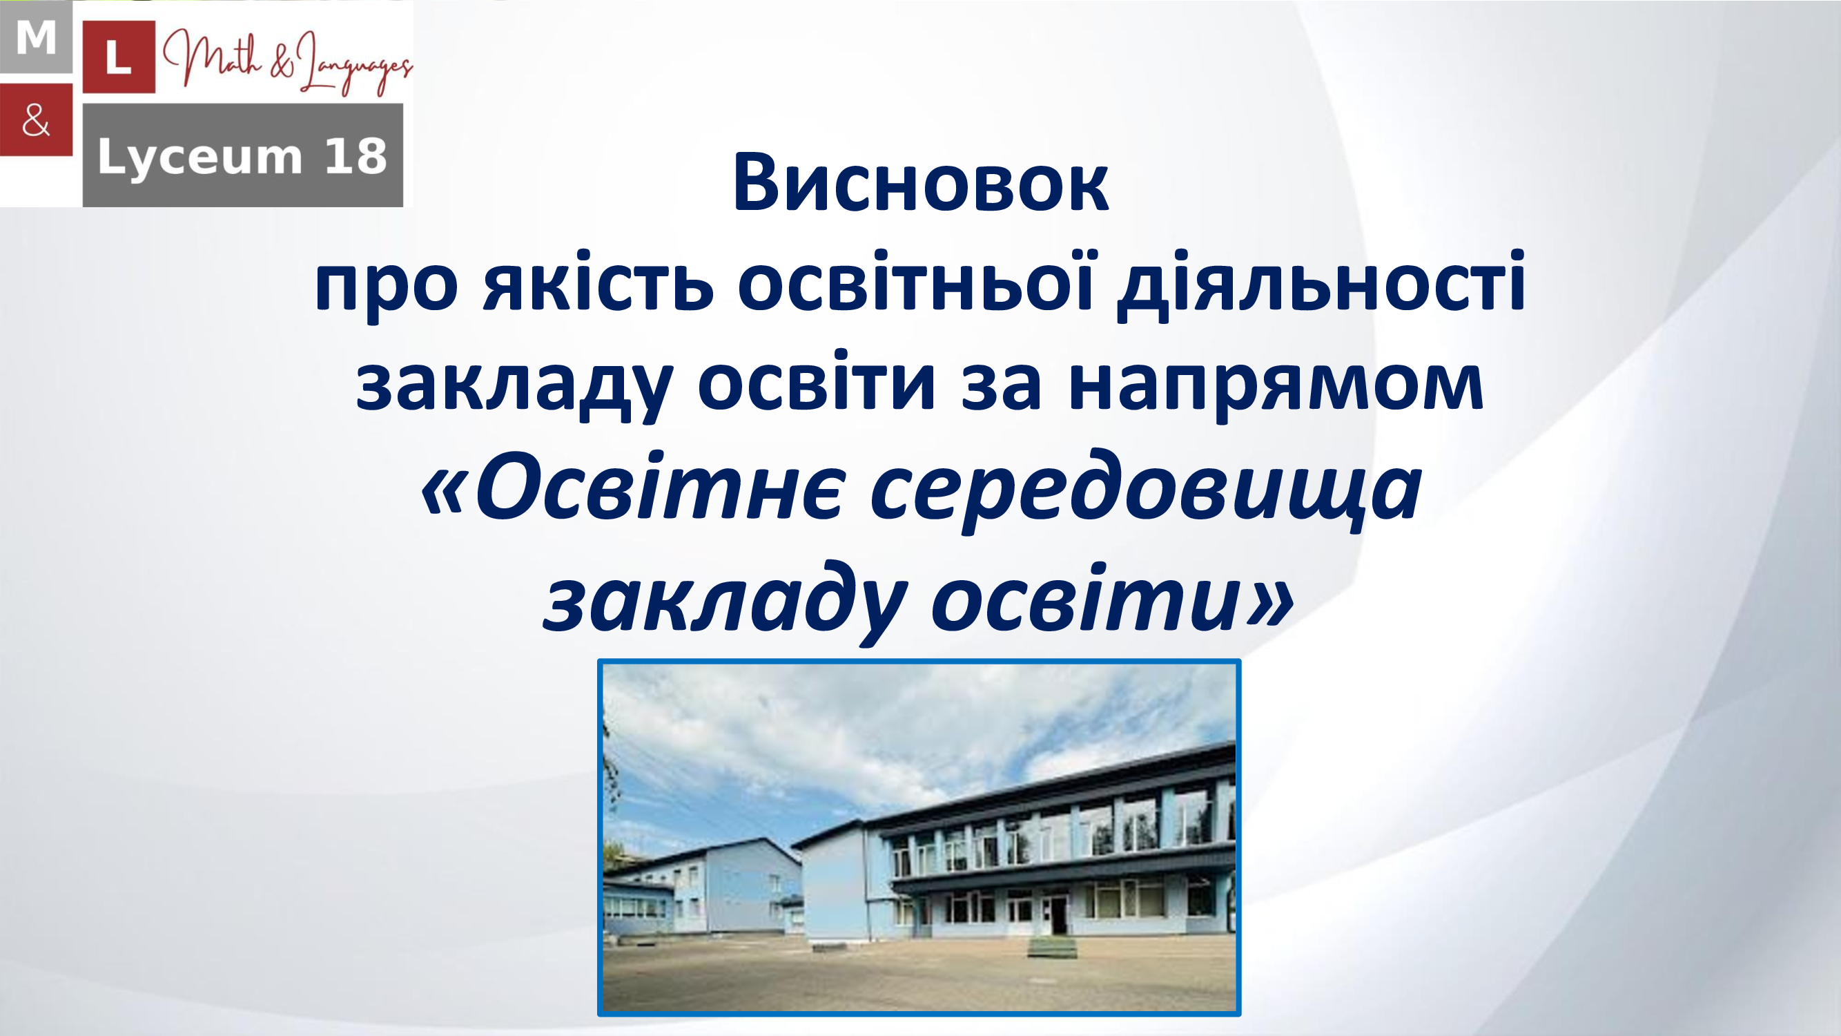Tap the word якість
pyautogui.click(x=598, y=282)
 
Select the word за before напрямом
pyautogui.click(x=1001, y=386)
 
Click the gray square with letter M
pyautogui.click(x=36, y=37)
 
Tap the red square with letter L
pyautogui.click(x=119, y=57)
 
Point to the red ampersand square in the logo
pyautogui.click(x=36, y=119)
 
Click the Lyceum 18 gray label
pyautogui.click(x=243, y=155)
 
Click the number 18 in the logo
pyautogui.click(x=355, y=156)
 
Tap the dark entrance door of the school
pyautogui.click(x=1057, y=916)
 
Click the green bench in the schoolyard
pyautogui.click(x=1052, y=949)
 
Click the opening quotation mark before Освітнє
pyautogui.click(x=445, y=492)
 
